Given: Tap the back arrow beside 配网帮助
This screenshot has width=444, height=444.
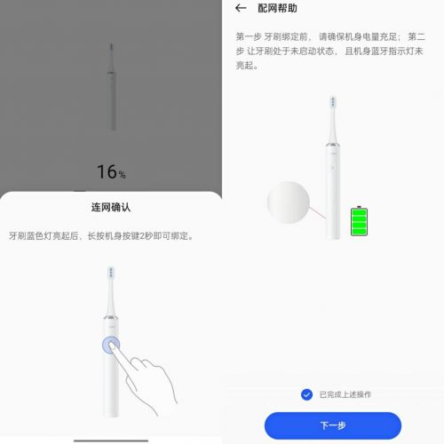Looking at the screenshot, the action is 241,8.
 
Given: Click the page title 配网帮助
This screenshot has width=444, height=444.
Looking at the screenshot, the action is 277,8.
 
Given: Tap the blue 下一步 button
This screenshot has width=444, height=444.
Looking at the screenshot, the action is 333,425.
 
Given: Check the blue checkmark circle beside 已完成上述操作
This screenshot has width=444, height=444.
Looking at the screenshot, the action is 306,394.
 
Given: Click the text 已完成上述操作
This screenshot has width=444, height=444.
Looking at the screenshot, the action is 345,394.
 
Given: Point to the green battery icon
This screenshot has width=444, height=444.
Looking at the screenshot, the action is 359,221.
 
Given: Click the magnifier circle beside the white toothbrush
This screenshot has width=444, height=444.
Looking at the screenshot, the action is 288,202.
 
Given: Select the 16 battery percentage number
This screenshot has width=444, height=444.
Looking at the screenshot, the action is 107,171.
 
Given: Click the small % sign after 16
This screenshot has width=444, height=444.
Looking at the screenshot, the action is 122,175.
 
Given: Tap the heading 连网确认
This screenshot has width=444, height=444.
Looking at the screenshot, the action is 111,207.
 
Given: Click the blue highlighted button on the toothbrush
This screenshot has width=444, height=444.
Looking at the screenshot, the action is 111,345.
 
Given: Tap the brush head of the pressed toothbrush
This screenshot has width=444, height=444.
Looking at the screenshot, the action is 111,273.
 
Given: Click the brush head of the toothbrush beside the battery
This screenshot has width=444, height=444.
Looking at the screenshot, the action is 333,102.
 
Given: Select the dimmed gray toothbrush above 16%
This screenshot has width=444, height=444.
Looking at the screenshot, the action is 111,87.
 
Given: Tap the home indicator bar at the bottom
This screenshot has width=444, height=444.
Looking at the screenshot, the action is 111,440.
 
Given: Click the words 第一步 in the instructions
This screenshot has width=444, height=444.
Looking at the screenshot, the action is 249,36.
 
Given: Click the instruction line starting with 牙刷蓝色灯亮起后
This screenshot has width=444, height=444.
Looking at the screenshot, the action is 100,236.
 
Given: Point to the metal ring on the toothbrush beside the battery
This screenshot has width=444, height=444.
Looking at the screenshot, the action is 333,145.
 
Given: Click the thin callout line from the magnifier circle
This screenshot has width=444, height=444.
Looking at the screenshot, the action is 317,213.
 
